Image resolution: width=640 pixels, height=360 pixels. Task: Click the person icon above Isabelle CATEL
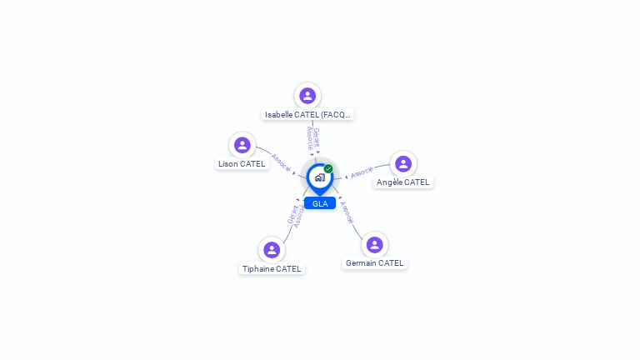coord(307,96)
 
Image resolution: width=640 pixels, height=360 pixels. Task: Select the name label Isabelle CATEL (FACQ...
coord(307,114)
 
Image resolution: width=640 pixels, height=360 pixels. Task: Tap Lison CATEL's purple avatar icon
coord(242,145)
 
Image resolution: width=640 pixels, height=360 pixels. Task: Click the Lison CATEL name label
coord(242,164)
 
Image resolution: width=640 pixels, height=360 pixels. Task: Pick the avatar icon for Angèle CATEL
coord(403,163)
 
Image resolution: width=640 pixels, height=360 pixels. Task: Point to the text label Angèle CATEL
coord(403,182)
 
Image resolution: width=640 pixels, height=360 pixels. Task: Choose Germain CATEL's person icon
coord(374,244)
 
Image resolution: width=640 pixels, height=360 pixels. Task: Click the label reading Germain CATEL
coord(374,263)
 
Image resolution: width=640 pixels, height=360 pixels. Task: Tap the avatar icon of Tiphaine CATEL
coord(272,249)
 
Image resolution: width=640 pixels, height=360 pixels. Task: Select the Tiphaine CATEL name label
coord(272,268)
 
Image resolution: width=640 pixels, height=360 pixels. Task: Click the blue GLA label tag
coord(320,203)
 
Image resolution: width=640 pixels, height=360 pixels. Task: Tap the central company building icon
coord(319,177)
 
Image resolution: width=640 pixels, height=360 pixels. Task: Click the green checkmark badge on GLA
coord(328,169)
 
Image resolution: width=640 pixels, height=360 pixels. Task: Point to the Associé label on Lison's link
coord(281,162)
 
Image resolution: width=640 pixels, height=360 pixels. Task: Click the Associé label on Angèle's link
coord(362,172)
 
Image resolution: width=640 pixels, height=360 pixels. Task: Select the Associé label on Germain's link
coord(347,212)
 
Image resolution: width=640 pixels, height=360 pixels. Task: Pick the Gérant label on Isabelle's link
coord(317,137)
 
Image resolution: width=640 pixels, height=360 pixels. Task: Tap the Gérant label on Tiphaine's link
coord(292,214)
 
